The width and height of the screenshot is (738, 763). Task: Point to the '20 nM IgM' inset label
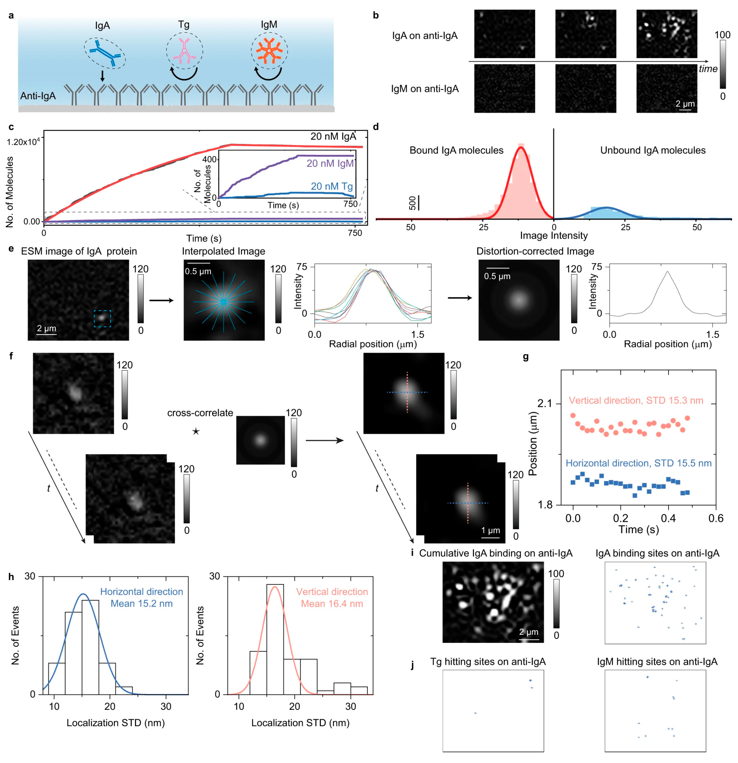(330, 163)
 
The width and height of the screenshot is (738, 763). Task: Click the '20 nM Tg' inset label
(332, 186)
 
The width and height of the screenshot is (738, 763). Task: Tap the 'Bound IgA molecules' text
(456, 150)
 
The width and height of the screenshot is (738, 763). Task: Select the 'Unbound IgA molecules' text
(653, 150)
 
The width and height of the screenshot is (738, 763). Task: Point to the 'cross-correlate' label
(200, 413)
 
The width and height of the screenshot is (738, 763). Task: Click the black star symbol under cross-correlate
(196, 431)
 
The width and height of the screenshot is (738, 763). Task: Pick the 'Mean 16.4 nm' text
(332, 604)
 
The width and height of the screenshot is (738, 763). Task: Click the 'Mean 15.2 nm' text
(141, 604)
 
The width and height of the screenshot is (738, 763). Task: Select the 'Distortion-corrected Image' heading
(535, 251)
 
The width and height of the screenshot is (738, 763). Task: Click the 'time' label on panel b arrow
(708, 69)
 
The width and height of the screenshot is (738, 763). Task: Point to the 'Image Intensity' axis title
(553, 236)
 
